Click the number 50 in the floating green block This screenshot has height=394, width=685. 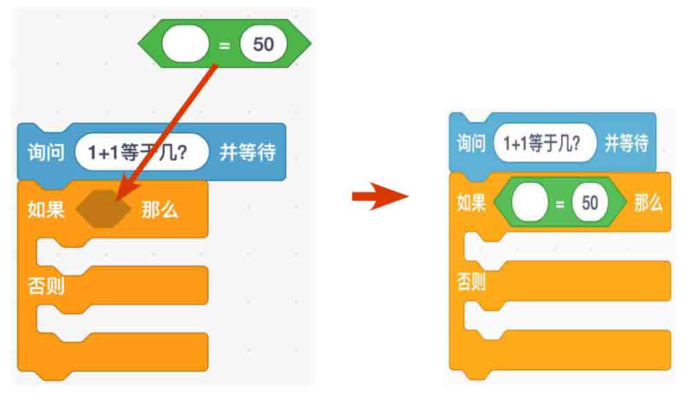[264, 44]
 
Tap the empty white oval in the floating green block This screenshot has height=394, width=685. [185, 45]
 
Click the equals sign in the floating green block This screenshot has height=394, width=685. [223, 45]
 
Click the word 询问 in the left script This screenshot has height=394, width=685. [46, 152]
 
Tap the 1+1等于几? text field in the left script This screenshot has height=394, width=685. [141, 152]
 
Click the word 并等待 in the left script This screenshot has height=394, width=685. [248, 152]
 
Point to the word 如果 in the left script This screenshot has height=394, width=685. [46, 210]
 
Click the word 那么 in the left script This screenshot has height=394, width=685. [160, 210]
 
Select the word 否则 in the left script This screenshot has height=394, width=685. [46, 285]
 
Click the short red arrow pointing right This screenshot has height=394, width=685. [379, 197]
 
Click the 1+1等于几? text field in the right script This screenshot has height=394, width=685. [545, 144]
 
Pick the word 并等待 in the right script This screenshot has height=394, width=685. [626, 144]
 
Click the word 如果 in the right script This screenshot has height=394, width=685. [471, 203]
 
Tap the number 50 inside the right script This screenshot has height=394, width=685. [590, 203]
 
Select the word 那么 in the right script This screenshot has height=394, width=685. [648, 203]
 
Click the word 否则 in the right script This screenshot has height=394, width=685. [471, 281]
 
